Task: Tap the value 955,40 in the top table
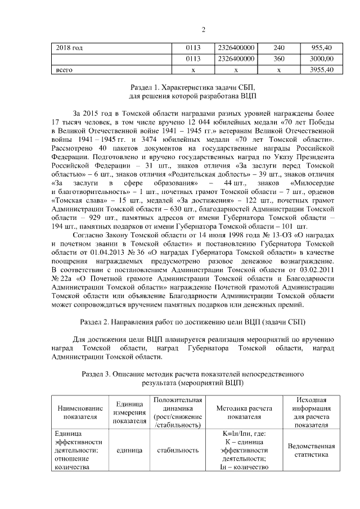(323, 48)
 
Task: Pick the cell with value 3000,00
(323, 58)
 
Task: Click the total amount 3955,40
(323, 69)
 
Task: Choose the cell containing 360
(279, 58)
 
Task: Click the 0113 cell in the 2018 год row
(193, 48)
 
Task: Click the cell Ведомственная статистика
(310, 451)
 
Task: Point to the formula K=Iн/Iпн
(245, 434)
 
